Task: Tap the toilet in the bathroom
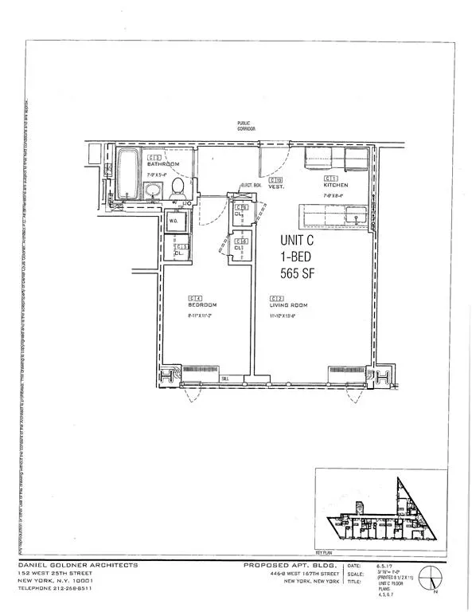click(178, 188)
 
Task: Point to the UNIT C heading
click(300, 240)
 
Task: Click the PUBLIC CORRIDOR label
click(249, 127)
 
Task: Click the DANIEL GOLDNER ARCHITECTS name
click(78, 565)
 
